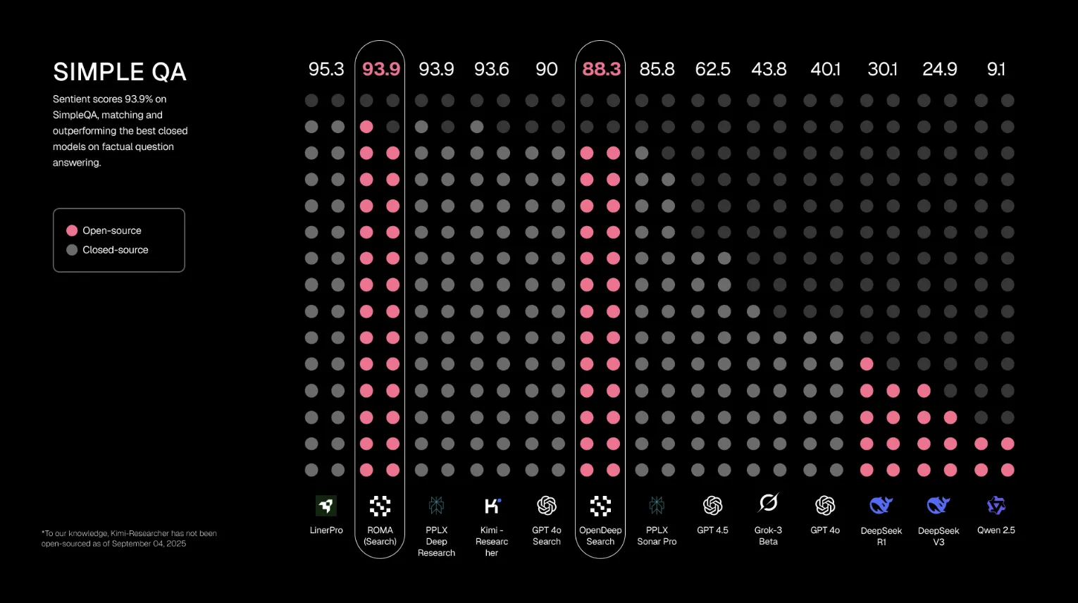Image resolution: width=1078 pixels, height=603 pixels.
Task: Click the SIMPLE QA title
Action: click(120, 72)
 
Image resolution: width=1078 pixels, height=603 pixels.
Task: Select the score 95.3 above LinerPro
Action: click(326, 69)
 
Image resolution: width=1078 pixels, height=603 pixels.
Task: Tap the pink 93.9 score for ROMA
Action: click(380, 69)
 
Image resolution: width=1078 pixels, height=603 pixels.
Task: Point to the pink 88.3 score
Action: click(601, 69)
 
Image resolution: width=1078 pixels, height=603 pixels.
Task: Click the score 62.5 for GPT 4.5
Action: click(712, 69)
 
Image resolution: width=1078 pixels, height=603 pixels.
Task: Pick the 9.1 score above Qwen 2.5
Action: click(996, 69)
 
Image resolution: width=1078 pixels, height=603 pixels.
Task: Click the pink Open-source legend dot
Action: click(72, 230)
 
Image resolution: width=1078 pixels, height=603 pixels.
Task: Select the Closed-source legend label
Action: click(115, 250)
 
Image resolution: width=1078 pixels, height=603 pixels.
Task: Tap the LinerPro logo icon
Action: click(326, 505)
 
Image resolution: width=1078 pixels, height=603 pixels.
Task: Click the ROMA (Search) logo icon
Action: click(380, 505)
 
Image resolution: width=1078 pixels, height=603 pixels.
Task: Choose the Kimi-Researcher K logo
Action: click(492, 505)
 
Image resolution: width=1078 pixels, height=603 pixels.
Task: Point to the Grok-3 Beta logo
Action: click(768, 503)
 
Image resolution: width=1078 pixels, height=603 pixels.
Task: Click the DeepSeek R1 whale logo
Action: click(881, 505)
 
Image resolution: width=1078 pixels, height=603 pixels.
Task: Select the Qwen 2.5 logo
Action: click(996, 505)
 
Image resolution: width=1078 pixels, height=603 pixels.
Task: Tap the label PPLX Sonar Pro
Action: click(657, 536)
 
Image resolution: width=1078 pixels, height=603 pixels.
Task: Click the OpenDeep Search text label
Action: click(600, 536)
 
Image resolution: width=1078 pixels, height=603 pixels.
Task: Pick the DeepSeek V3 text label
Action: click(938, 536)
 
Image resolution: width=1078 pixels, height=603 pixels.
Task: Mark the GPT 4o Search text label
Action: click(547, 536)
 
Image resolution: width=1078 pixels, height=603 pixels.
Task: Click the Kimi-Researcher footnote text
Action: click(129, 538)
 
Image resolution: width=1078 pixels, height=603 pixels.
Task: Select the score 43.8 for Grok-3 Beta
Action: click(769, 69)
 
